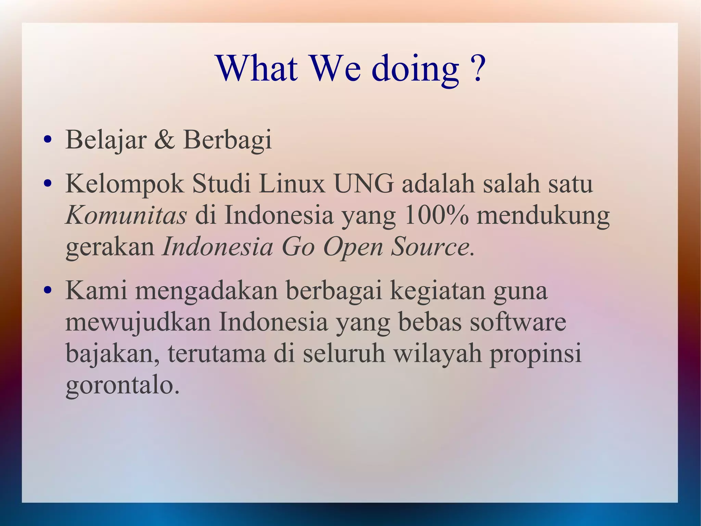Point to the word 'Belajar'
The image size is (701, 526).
pos(106,140)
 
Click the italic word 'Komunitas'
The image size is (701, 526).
pos(126,216)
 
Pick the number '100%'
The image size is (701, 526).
pos(436,216)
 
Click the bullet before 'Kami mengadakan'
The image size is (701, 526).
pos(48,291)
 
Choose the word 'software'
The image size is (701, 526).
pos(518,322)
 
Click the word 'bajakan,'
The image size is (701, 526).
pos(113,354)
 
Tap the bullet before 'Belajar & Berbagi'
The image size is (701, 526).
pos(48,140)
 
